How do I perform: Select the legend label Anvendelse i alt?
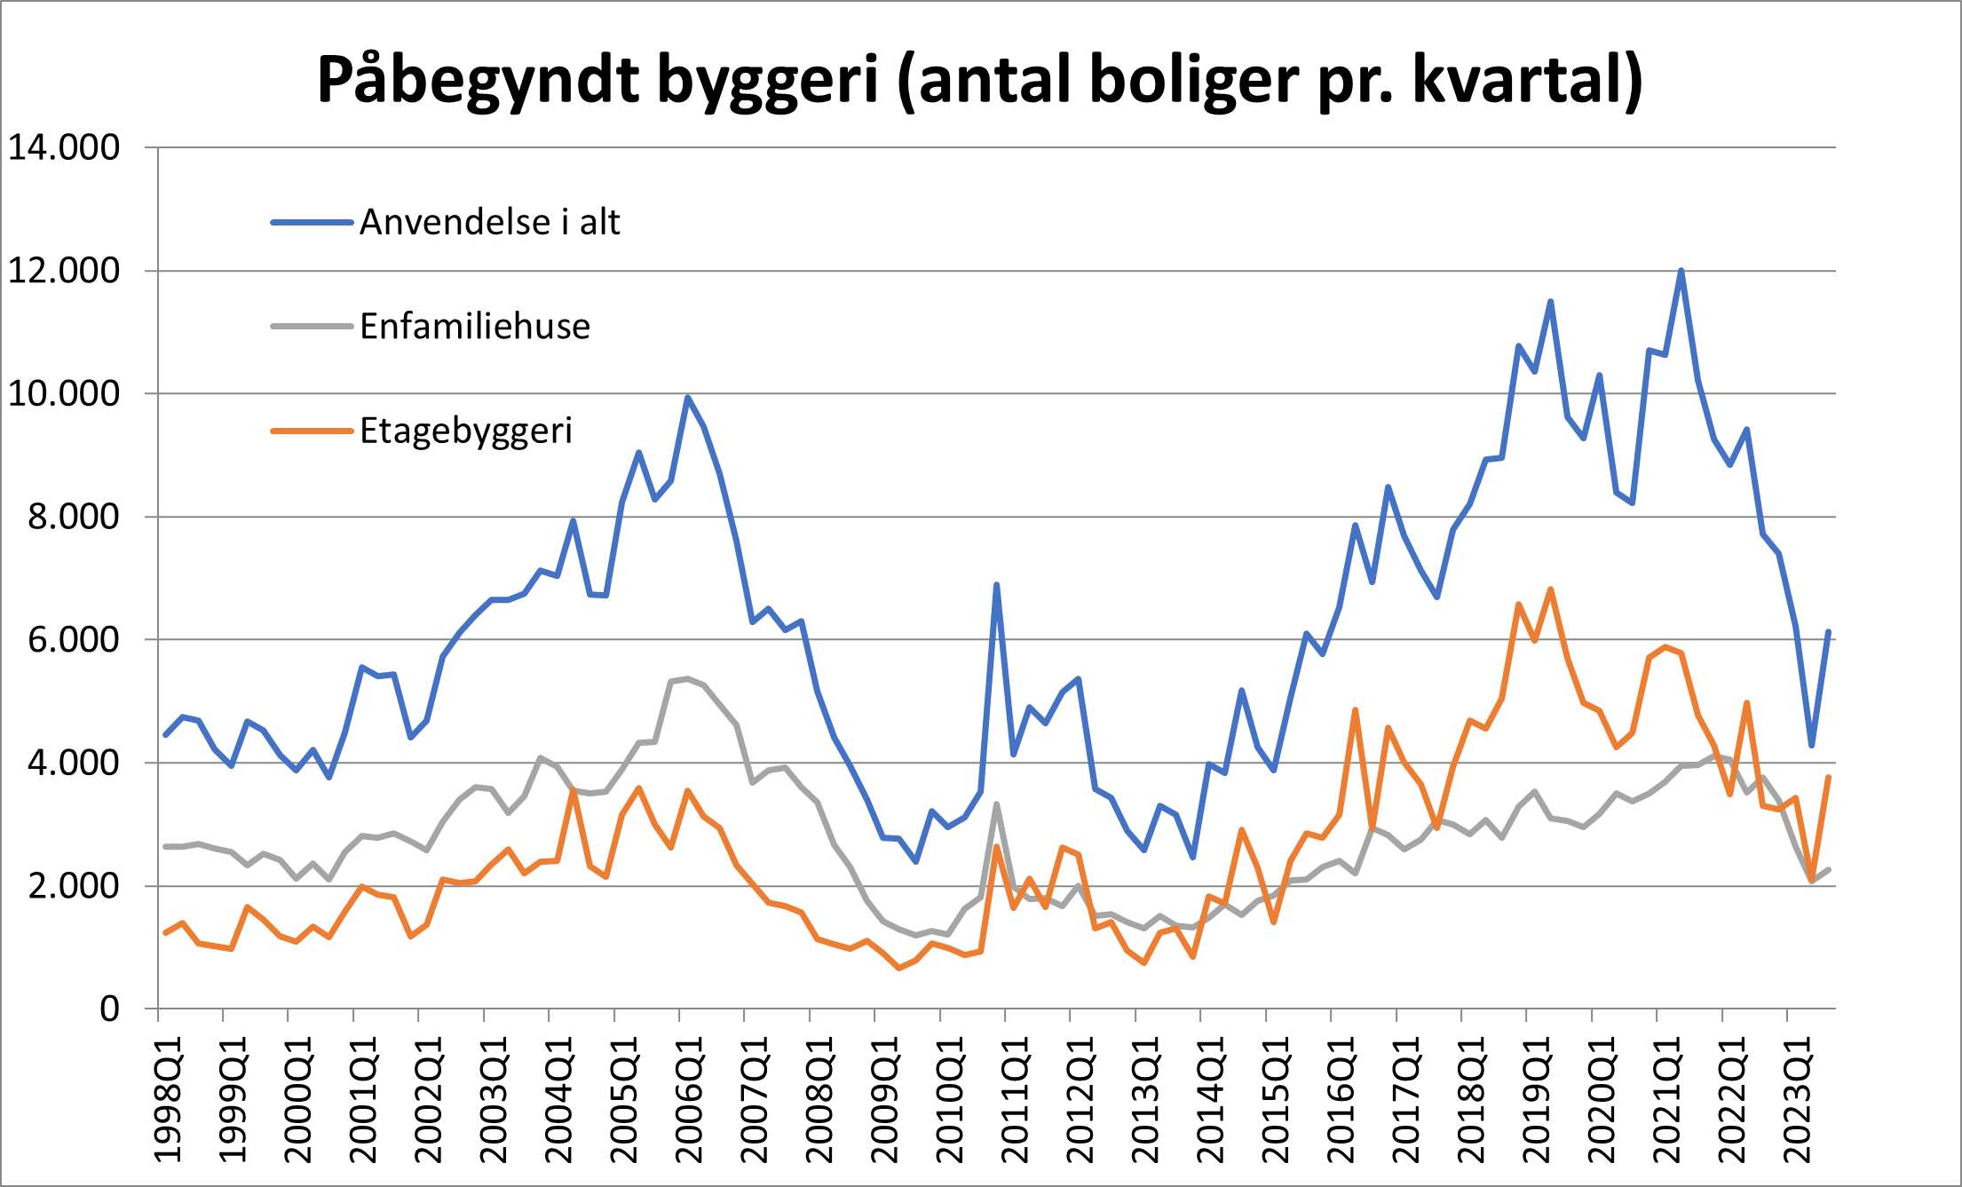point(489,222)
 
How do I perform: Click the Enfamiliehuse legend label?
point(475,327)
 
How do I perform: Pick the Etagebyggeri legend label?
point(466,431)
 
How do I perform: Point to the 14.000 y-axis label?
point(64,148)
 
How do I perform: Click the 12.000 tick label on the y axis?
point(64,271)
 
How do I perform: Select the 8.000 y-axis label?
point(74,517)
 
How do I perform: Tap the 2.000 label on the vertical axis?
point(74,886)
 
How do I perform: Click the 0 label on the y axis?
point(109,1009)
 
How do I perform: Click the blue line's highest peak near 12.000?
point(1681,271)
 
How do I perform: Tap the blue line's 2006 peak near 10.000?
point(687,398)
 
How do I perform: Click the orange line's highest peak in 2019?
point(1551,590)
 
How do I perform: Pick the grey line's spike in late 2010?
point(997,804)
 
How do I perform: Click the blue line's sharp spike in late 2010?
point(997,585)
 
